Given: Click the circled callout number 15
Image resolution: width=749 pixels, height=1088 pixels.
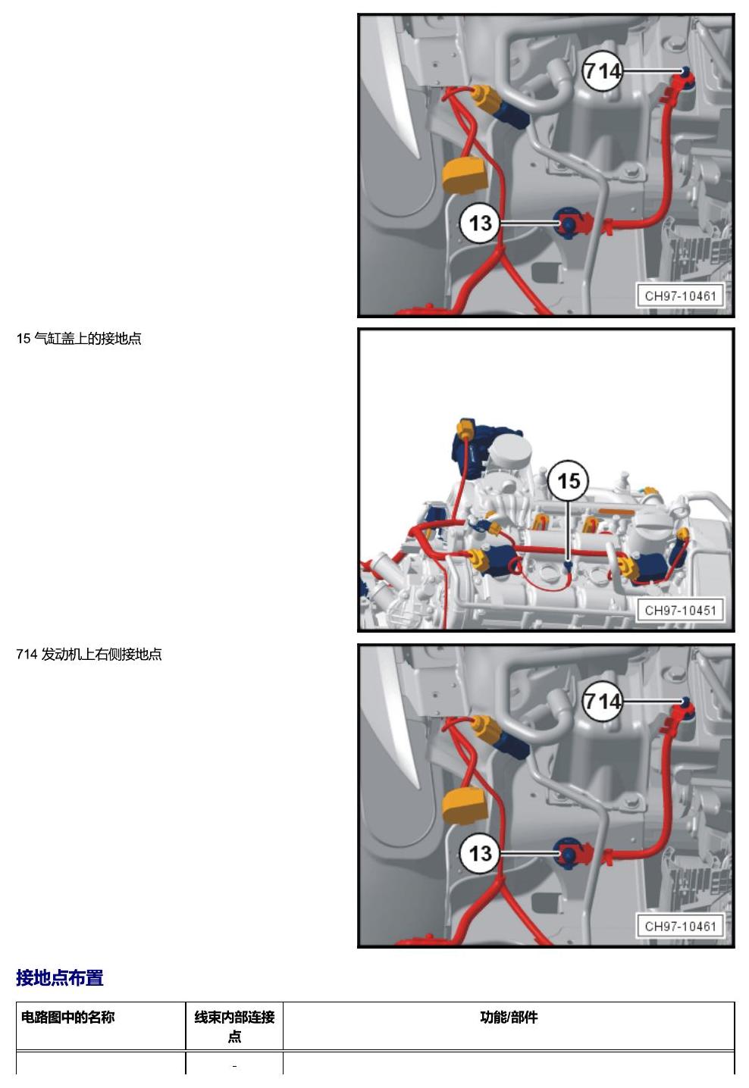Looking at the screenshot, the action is point(568,480).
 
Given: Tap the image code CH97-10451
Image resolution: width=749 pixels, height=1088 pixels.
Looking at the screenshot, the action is point(680,610).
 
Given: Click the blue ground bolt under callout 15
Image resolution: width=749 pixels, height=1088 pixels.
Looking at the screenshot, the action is point(567,565).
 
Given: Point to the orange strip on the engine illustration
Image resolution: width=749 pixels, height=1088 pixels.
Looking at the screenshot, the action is point(617,511).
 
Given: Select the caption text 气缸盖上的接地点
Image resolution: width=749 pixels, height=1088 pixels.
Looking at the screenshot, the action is point(87,339).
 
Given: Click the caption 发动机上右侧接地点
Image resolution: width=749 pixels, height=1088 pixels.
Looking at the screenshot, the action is point(101,655).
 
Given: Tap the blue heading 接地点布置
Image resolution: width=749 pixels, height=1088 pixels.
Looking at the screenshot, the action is point(60,978).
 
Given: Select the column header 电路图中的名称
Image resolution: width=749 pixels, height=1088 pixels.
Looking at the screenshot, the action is point(67,1017).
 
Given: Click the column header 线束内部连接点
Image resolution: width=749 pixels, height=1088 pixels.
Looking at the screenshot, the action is point(234,1027).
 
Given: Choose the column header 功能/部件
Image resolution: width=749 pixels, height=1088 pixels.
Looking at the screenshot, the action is point(509,1017).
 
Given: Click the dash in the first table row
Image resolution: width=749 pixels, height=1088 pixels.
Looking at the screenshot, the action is point(234,1067).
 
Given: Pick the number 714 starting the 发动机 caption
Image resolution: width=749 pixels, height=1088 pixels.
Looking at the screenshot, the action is point(27,655).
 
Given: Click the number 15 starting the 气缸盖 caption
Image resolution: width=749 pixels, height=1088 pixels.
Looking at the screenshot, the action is point(24,339).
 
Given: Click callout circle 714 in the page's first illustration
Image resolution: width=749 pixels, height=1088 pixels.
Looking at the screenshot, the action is point(602,71).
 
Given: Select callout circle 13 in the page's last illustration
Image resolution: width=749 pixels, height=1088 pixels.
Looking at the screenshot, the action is point(480,853).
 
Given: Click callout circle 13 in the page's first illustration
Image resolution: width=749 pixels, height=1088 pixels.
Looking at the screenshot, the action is point(480,223).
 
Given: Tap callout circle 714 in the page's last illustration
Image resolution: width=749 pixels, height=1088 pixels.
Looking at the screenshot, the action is point(602,702).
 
